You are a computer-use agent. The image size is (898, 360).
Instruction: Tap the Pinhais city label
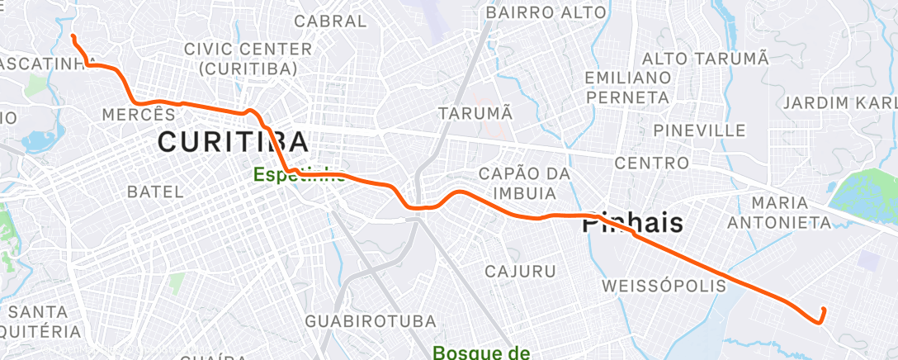634,222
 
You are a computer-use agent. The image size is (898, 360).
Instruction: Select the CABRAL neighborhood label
318,21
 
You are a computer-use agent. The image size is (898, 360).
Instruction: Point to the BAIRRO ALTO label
546,12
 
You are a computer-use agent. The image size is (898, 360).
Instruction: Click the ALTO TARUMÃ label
705,59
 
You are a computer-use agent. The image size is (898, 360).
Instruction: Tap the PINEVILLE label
699,130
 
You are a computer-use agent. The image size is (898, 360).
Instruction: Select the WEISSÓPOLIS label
664,286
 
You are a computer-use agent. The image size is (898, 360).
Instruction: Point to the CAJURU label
519,271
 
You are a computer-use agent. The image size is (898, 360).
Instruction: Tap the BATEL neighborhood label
155,192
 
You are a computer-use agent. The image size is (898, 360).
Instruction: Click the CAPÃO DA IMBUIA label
519,183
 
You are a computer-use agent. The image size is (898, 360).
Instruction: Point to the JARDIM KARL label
839,102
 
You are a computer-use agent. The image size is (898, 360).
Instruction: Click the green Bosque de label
481,353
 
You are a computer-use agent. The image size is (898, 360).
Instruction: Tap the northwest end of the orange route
73,36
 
